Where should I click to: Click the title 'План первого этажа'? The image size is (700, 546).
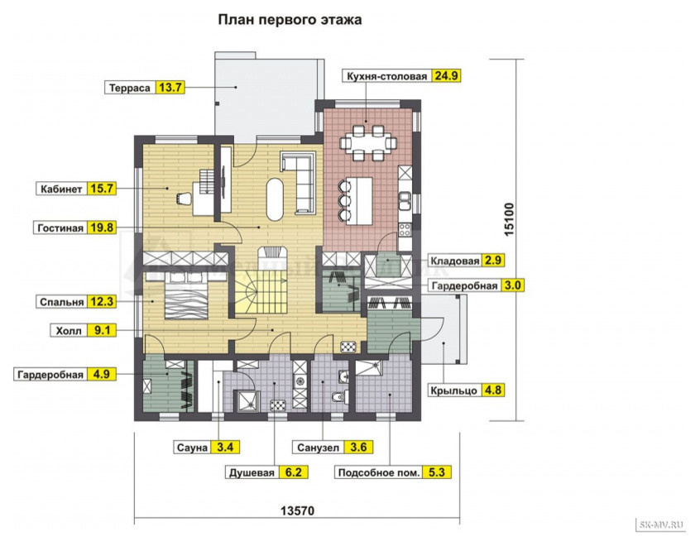(x=290, y=20)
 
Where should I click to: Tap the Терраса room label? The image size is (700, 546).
(x=130, y=88)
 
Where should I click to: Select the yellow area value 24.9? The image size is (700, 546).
(x=447, y=76)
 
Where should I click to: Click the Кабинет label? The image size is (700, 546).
(x=61, y=189)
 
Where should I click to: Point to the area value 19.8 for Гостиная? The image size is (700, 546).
(x=102, y=227)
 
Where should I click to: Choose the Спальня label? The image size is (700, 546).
(x=61, y=302)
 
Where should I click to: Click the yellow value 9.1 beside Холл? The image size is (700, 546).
(x=102, y=331)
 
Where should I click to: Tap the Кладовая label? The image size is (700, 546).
(x=454, y=261)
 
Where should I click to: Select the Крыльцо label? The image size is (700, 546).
(x=453, y=391)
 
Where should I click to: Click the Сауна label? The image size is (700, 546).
(x=193, y=448)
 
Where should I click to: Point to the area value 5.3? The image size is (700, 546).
(x=437, y=472)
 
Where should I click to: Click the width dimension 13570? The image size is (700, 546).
(x=297, y=510)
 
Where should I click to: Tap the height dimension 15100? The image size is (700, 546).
(x=510, y=220)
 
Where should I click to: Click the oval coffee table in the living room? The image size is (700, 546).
(x=276, y=199)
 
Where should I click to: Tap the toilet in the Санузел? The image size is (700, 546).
(x=340, y=396)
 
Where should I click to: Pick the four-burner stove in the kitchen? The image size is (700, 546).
(x=405, y=229)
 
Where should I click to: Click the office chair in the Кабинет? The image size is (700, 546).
(x=184, y=199)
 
